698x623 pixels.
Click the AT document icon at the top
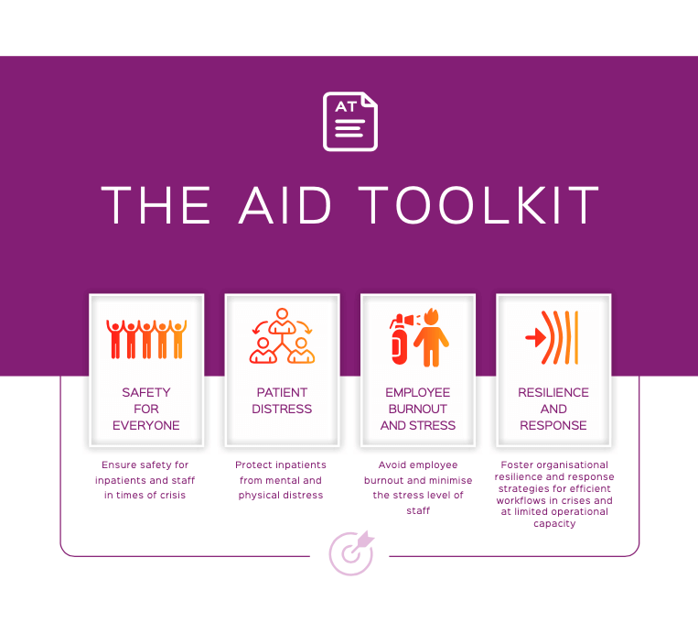click(350, 121)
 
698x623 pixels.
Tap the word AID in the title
click(285, 205)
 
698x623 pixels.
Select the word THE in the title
click(156, 205)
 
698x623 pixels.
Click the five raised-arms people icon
click(146, 339)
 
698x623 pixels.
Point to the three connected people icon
click(283, 335)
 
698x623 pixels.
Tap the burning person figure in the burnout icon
click(431, 337)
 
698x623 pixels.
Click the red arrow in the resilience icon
click(535, 337)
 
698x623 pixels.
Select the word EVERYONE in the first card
click(146, 425)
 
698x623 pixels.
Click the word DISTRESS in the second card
click(282, 409)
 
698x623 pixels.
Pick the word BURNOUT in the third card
click(417, 409)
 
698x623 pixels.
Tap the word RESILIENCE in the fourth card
click(553, 392)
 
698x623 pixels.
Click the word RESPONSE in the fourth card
click(553, 425)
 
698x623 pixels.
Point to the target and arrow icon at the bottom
click(351, 553)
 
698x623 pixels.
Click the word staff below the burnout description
click(418, 510)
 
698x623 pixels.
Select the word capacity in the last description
click(554, 523)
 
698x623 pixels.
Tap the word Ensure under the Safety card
click(116, 465)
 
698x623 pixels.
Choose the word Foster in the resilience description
click(515, 465)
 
